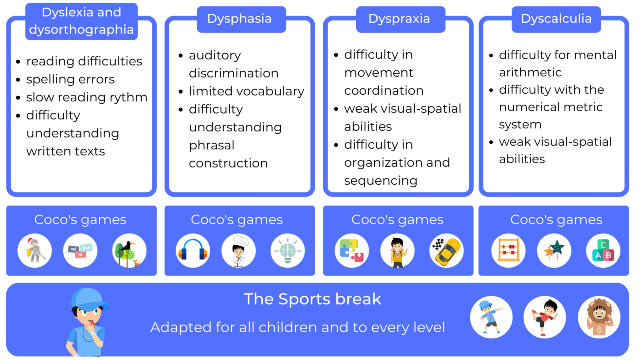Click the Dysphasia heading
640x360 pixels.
[239, 19]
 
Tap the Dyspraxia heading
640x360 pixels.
[399, 19]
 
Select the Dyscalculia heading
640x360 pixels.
[556, 19]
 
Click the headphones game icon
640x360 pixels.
[193, 250]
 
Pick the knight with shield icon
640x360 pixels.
[35, 250]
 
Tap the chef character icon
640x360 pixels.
[239, 250]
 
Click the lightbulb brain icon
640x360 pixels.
[287, 250]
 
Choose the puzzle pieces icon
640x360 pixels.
[352, 250]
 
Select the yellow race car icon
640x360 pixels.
[446, 250]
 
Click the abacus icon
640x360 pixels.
[508, 250]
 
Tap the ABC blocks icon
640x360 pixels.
[603, 250]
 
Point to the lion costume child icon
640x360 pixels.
[599, 318]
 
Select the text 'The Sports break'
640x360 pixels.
[312, 299]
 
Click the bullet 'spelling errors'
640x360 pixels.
[70, 79]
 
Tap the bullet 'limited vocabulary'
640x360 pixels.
[246, 91]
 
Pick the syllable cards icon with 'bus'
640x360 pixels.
[80, 250]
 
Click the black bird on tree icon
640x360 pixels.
[129, 250]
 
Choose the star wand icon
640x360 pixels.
[554, 250]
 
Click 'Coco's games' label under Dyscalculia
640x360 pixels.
[556, 220]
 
